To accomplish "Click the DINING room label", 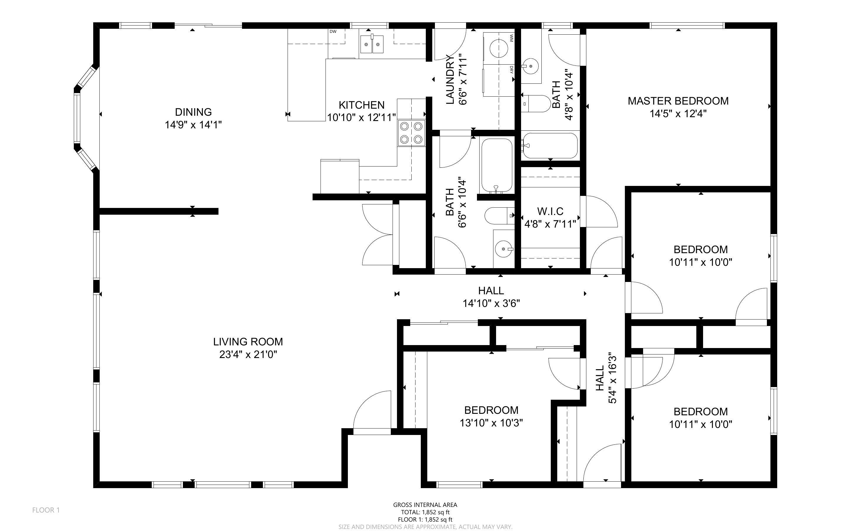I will (x=193, y=112).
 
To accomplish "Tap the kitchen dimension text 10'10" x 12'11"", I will (x=361, y=117).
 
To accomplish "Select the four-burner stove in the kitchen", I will (x=411, y=133).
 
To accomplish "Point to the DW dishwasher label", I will (x=333, y=32).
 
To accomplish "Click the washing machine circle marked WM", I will (x=499, y=48).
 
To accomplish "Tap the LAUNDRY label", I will (x=450, y=80).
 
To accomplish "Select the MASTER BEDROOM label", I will (x=678, y=101).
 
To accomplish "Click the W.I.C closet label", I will (x=550, y=211).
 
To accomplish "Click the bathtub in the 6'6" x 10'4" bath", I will (x=496, y=165).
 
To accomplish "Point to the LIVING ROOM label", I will (x=248, y=342).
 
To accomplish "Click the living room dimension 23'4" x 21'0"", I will (x=248, y=354).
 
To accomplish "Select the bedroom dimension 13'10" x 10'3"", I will (x=491, y=423).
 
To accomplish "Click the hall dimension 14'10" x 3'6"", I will (x=491, y=303).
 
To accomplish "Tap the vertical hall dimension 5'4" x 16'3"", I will (x=612, y=378).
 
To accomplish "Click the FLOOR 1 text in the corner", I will (x=46, y=510).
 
